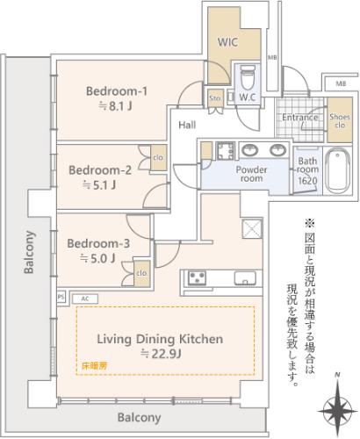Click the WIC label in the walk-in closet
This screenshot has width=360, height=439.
227,42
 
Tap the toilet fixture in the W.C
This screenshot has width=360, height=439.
248,77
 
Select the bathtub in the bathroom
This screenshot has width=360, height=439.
338,171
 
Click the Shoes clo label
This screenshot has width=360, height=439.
340,121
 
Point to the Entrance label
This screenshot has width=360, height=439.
300,118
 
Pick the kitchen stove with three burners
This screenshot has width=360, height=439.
198,278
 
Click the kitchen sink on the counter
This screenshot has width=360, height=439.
245,278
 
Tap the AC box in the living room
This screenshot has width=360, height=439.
85,299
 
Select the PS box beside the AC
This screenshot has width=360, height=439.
61,297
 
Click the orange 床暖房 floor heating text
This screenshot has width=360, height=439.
94,365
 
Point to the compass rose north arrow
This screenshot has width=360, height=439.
338,408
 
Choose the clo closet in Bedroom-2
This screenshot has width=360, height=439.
158,158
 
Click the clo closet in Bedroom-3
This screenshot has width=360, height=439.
142,274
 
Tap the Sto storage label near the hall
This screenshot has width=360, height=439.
215,98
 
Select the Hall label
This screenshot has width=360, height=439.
187,126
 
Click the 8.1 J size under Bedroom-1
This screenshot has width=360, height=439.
115,106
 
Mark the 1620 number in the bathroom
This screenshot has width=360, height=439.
307,181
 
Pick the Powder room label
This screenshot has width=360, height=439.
251,174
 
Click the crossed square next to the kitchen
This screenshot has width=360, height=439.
251,228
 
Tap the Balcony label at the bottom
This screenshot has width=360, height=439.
140,418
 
